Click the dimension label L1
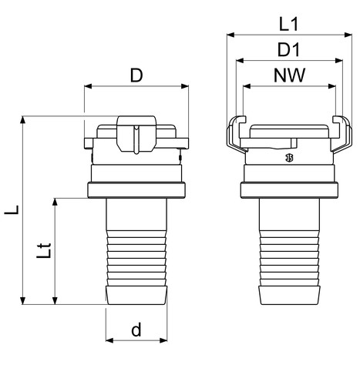tap(288, 25)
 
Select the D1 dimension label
tap(288, 50)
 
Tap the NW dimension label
tap(289, 75)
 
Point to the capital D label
tap(136, 75)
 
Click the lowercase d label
tap(136, 330)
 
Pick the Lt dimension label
tap(44, 250)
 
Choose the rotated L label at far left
tap(12, 209)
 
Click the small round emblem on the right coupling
tap(289, 158)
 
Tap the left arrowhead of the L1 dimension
tap(230, 35)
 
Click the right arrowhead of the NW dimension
tap(332, 86)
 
